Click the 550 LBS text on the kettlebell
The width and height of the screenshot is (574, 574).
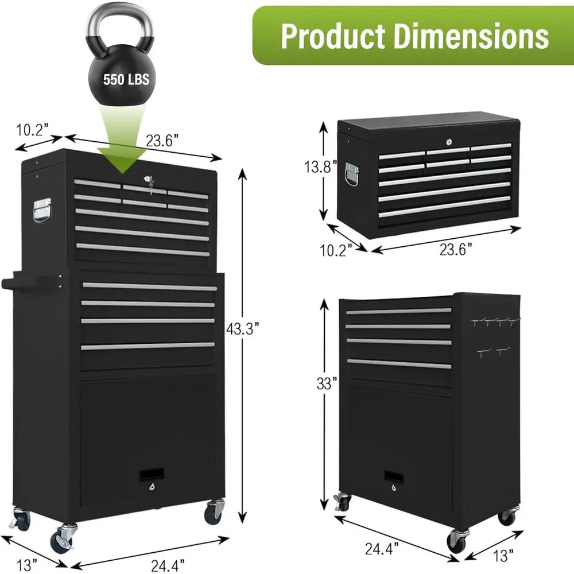(126, 79)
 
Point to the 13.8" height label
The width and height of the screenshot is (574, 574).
(318, 168)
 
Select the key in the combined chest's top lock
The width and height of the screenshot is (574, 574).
(151, 182)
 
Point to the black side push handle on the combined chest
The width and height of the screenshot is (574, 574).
(29, 282)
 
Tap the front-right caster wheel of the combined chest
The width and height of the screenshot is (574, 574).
(214, 510)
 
